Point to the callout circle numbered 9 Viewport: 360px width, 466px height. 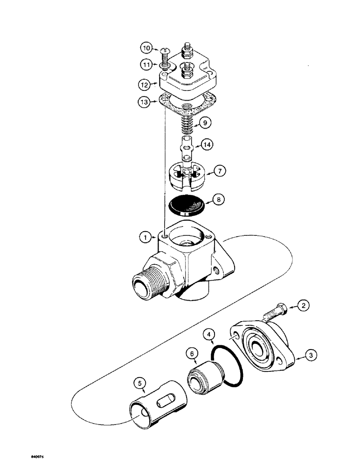203,124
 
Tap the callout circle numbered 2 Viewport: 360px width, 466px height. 303,306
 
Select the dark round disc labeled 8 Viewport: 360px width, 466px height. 187,205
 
